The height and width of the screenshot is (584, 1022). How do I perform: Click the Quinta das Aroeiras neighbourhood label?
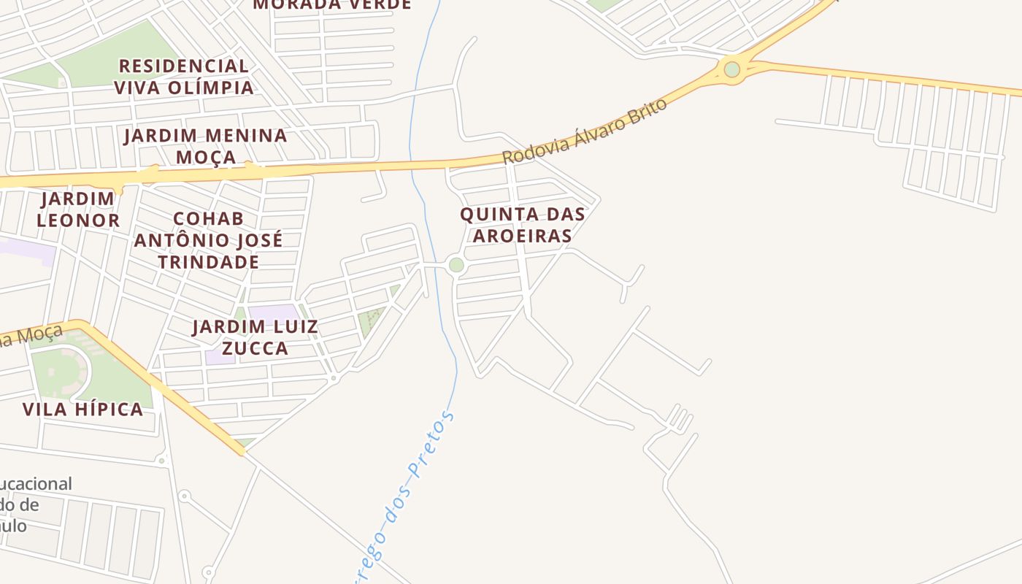(x=522, y=225)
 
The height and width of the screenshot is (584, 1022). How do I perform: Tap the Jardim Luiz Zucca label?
(x=255, y=337)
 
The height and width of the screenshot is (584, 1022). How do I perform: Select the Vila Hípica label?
(x=82, y=409)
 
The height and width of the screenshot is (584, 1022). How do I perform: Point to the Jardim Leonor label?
(x=78, y=210)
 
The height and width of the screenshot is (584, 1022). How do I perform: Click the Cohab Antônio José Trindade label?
(x=208, y=240)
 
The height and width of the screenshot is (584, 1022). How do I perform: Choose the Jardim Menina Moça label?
(x=205, y=146)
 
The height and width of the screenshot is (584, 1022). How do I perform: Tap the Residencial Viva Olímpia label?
(x=184, y=77)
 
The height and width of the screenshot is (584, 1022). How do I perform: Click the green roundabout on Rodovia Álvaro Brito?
(x=731, y=69)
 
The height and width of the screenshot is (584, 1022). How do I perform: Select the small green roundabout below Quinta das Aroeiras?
(x=456, y=265)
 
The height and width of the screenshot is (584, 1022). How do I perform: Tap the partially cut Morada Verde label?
(x=332, y=4)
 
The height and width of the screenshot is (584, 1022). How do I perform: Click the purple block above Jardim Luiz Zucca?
(x=273, y=312)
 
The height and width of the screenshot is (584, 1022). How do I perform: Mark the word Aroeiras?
(x=522, y=236)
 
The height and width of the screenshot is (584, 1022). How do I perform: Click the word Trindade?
(x=208, y=262)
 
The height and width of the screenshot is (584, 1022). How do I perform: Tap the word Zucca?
(x=255, y=348)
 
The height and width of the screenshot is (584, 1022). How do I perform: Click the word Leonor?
(x=78, y=220)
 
